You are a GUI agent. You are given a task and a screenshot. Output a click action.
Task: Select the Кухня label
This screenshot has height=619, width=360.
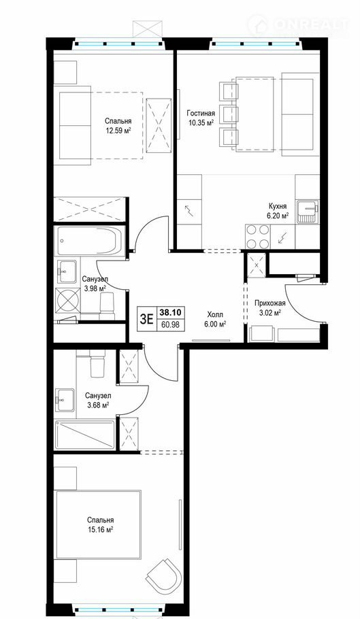click(278, 206)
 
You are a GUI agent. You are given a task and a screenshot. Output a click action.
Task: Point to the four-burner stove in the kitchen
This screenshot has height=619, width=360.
click(257, 237)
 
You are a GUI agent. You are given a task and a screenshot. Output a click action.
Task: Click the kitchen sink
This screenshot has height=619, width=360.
click(308, 212)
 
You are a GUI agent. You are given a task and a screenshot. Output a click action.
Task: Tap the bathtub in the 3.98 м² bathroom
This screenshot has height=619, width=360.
click(90, 241)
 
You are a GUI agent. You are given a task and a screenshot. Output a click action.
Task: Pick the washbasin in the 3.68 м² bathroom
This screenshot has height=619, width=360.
click(65, 401)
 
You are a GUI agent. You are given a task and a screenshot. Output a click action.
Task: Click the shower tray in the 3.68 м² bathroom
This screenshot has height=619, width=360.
click(85, 435)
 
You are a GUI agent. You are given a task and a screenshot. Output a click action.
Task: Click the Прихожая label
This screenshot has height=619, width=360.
click(267, 303)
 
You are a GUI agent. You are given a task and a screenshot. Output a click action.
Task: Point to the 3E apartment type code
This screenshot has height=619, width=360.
click(146, 318)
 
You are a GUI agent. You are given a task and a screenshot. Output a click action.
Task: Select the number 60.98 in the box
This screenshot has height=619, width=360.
click(171, 324)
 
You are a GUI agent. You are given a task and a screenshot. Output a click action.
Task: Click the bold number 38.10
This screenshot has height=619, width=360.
click(171, 312)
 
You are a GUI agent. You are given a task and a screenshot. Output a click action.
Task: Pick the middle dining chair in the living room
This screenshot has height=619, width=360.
click(229, 114)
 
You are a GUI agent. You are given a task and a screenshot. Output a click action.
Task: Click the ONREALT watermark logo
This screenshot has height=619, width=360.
click(299, 25)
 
